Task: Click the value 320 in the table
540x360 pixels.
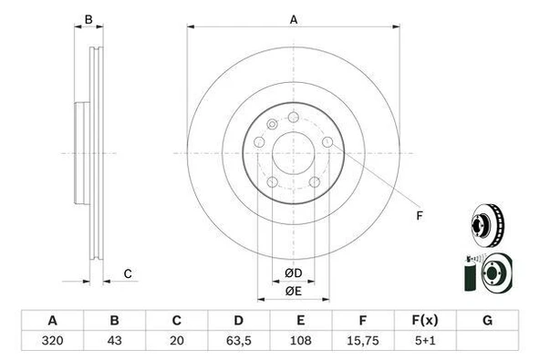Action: click(x=52, y=340)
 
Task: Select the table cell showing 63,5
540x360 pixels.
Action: click(x=239, y=340)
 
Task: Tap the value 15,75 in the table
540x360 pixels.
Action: click(x=363, y=340)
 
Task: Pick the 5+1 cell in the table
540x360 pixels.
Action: click(x=425, y=340)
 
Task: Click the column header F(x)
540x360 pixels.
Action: click(x=425, y=321)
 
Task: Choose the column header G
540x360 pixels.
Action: click(x=487, y=321)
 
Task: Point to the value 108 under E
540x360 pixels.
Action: click(x=301, y=340)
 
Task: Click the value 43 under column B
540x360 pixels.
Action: click(x=114, y=340)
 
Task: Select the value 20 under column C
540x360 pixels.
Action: click(x=176, y=340)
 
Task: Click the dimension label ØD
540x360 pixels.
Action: click(x=294, y=273)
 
